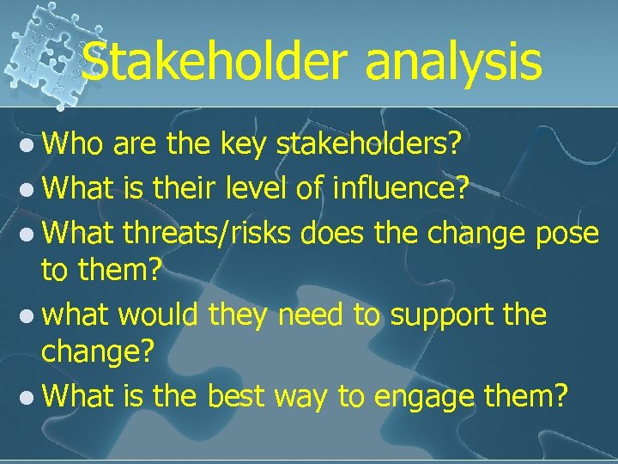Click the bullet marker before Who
(28, 148)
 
